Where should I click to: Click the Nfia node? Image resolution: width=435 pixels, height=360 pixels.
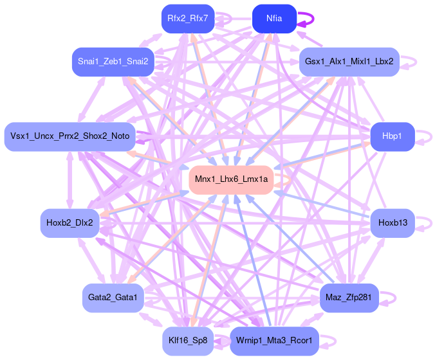(x=274, y=19)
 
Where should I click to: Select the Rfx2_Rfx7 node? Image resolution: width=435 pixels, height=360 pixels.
(x=187, y=19)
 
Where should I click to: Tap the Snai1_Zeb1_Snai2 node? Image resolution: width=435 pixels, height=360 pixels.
(x=113, y=62)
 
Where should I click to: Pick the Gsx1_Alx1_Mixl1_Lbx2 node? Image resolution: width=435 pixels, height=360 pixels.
(x=350, y=62)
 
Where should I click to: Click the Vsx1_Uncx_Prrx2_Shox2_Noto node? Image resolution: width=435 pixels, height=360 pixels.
(x=69, y=136)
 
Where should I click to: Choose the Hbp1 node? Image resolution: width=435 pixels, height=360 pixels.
(x=391, y=136)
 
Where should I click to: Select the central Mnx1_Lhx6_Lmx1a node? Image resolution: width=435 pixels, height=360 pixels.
(x=231, y=179)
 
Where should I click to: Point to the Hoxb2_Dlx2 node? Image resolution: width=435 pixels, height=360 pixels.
(x=69, y=223)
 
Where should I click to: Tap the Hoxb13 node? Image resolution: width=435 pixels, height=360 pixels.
(x=391, y=223)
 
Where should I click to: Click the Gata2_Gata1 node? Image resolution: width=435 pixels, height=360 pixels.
(x=113, y=298)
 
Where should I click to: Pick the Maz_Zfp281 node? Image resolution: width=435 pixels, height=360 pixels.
(x=349, y=298)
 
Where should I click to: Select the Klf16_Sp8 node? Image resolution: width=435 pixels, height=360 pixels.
(x=187, y=341)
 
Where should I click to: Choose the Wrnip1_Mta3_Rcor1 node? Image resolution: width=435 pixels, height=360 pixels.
(x=274, y=341)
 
